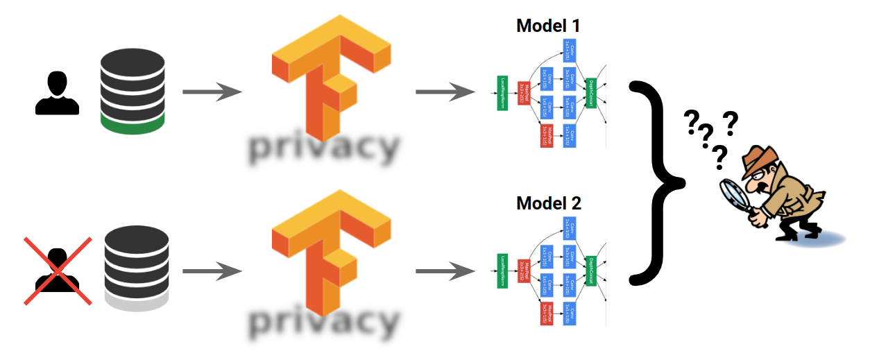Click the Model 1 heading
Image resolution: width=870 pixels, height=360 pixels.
(x=548, y=26)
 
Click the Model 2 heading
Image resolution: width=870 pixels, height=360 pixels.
(x=548, y=204)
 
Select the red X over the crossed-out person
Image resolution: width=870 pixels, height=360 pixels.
(x=58, y=271)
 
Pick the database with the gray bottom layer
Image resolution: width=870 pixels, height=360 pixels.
(x=136, y=266)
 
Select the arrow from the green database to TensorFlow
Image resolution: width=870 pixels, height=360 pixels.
(x=212, y=92)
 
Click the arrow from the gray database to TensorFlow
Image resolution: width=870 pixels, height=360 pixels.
(x=212, y=271)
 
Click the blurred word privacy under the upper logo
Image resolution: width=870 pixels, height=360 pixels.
(x=323, y=148)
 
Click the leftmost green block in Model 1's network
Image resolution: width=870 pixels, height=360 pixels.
(x=503, y=93)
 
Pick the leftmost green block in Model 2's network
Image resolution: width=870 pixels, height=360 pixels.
(x=503, y=271)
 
